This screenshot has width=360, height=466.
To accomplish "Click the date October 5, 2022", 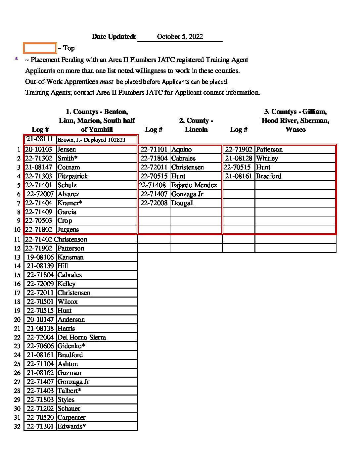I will (180, 37).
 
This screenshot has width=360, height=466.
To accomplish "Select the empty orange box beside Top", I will (40, 48).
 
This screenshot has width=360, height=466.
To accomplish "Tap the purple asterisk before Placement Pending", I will (16, 60).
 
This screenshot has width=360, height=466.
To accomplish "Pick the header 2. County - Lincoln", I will (196, 125).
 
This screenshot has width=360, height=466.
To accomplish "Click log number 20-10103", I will (39, 150).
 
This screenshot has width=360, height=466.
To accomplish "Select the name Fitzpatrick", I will (72, 176).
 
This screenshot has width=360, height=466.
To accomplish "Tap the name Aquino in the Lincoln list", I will (181, 150).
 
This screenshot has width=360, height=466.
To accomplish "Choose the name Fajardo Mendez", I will (194, 185).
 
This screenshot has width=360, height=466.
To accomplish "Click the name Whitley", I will (267, 159).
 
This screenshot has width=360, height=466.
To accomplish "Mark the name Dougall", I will (182, 203).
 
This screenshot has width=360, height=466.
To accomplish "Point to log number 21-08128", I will (239, 159).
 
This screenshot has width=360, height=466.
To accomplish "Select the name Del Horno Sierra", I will (82, 338).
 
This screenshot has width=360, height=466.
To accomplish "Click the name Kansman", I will (70, 257).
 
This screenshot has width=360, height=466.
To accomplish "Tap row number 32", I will (17, 427).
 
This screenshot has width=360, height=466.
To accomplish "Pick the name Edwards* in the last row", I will (71, 427).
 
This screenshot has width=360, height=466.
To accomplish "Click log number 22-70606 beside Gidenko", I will (40, 346).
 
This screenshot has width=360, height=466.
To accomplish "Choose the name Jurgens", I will (68, 230).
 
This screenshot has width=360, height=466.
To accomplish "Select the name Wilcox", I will (67, 302).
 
